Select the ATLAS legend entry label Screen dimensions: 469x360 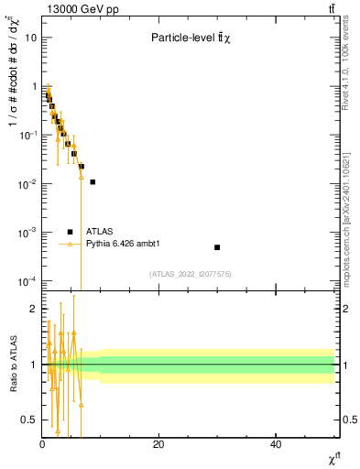coord(99,232)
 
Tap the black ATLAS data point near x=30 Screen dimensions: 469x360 coord(217,247)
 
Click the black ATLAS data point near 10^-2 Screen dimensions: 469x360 coord(93,182)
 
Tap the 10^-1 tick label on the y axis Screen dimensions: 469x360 coord(27,135)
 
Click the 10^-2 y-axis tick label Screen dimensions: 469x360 coord(27,183)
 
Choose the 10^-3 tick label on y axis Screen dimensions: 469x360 coord(27,232)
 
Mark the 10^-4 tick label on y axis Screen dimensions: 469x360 coord(27,280)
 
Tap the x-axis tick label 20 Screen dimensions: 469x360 coord(158,444)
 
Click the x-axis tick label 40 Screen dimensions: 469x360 coord(276,444)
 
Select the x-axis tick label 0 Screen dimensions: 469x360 coord(42,444)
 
